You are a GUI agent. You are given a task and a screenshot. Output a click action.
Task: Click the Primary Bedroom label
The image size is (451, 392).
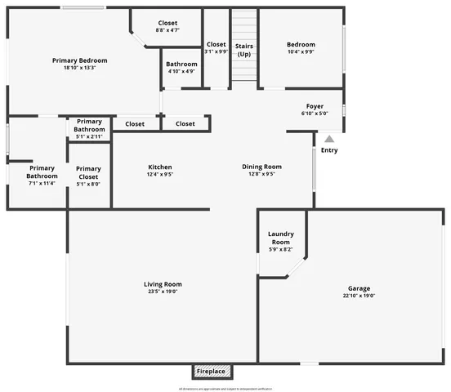tap(79, 60)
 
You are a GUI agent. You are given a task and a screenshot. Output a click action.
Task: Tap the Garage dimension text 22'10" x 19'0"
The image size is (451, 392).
tap(359, 296)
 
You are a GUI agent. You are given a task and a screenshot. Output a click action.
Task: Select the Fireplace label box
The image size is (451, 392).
tap(211, 372)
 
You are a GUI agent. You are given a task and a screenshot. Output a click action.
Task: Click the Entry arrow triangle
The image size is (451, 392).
tap(329, 140)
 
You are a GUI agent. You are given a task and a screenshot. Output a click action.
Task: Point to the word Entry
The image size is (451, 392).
tap(329, 150)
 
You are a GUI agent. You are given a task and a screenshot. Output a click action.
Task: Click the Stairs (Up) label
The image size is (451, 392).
tap(243, 50)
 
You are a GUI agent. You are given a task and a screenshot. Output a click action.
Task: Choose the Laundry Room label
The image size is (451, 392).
tap(280, 238)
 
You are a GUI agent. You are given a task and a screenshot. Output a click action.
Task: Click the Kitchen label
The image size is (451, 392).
tap(159, 167)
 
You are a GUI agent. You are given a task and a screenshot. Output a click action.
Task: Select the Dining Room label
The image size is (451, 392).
tap(261, 167)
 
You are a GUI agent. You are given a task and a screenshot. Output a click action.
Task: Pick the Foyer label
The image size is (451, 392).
tap(315, 106)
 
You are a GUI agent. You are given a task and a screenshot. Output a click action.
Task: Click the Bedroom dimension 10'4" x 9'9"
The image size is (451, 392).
tap(300, 52)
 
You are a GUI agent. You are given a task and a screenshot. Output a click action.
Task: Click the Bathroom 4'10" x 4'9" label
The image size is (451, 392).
tap(181, 64)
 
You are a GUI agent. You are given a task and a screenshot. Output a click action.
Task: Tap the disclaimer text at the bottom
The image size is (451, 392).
tap(225, 388)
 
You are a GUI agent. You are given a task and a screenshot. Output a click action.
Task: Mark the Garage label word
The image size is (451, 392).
tap(359, 288)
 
